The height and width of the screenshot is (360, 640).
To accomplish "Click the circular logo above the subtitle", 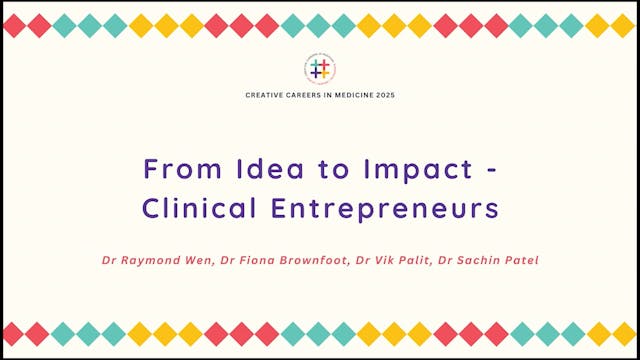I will click(320, 69).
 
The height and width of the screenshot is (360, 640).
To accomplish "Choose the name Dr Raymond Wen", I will click(150, 260).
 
